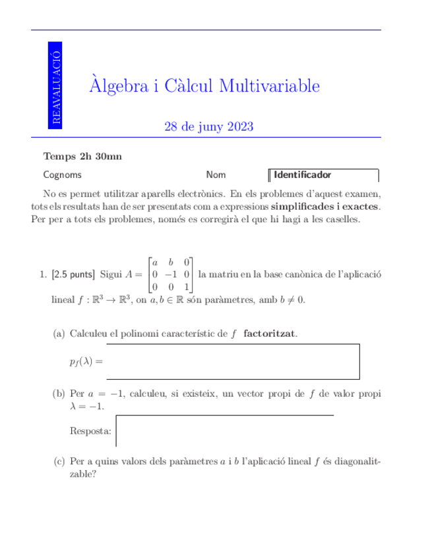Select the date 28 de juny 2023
pos(208,127)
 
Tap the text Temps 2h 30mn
pos(82,157)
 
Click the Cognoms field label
pos(63,175)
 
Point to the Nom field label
pos(216,175)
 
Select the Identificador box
pos(324,175)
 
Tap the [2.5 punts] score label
pos(73,274)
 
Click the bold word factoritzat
pos(269,334)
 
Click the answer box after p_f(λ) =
pos(232,361)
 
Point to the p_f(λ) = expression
pos(86,361)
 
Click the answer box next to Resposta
pos(224,431)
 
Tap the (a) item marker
pos(59,334)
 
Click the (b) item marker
pos(59,394)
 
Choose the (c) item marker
pos(59,461)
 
